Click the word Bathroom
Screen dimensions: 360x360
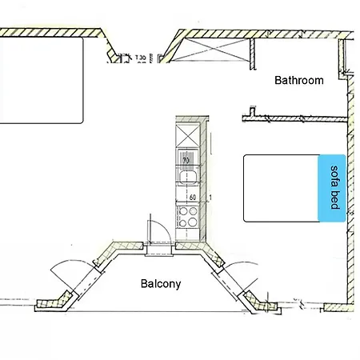(x=298, y=80)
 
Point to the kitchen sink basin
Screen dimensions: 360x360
(x=186, y=158)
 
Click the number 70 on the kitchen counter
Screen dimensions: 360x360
(x=186, y=159)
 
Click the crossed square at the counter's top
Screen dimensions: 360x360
(x=186, y=131)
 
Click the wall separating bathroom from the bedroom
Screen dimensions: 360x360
(x=296, y=118)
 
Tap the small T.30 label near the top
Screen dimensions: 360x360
(x=141, y=58)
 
